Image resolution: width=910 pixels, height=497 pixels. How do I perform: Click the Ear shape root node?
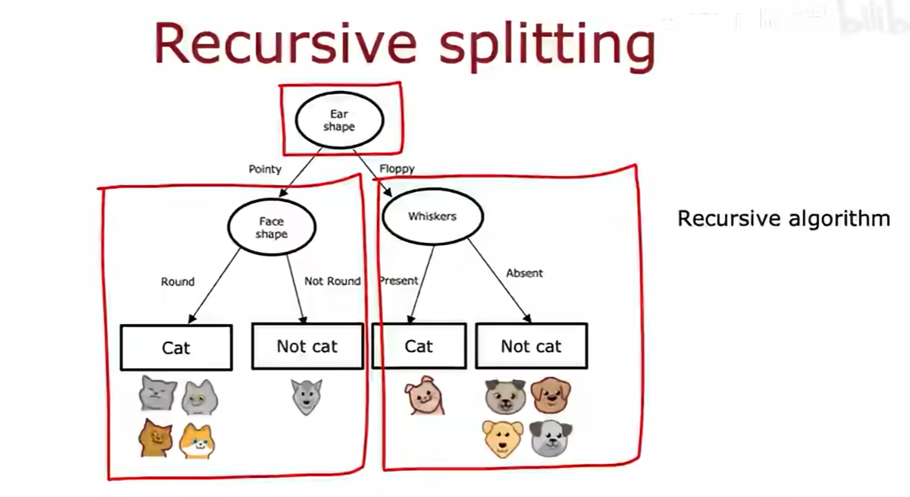339,121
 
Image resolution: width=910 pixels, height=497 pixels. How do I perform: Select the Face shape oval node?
271,227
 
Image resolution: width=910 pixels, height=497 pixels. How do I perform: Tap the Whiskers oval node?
433,217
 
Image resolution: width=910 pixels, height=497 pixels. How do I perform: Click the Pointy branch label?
265,169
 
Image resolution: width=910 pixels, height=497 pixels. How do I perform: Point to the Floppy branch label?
397,169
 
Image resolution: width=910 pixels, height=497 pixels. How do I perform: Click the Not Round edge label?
332,281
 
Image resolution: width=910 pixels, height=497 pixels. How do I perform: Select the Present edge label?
399,281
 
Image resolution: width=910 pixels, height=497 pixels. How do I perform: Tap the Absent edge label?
524,273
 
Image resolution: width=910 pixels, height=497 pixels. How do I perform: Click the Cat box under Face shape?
176,347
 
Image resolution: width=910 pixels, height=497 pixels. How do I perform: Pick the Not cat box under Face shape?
307,347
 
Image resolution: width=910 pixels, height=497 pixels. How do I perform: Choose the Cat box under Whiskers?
418,346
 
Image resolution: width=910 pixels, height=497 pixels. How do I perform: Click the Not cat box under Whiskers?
531,347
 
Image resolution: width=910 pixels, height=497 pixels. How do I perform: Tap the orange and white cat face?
197,441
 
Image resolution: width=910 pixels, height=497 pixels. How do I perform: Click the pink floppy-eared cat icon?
423,396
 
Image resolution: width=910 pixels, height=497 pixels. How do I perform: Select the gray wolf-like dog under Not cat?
306,396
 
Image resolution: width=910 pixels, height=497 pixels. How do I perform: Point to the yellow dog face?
503,438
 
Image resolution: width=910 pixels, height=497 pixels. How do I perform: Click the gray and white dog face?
551,438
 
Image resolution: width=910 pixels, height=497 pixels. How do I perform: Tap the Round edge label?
178,281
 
